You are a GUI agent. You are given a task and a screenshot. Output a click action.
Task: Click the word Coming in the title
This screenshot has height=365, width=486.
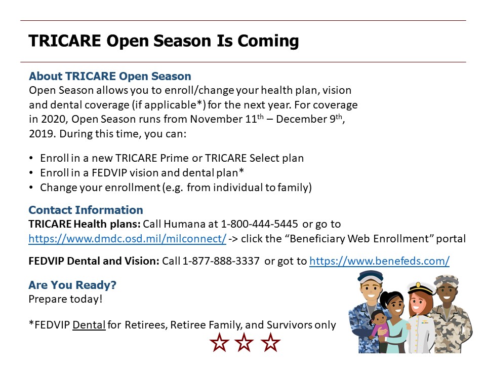(x=268, y=41)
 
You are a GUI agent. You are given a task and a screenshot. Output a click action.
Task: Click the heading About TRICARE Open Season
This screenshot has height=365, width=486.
(x=110, y=76)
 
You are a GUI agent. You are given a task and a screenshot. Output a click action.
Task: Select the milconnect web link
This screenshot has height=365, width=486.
(x=128, y=239)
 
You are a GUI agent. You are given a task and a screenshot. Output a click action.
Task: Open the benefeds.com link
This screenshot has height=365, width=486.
(x=379, y=261)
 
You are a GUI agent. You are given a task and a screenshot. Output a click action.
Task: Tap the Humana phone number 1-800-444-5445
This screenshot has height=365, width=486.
(x=259, y=224)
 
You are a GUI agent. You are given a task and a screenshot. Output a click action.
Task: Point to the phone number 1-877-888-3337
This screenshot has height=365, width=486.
(x=221, y=261)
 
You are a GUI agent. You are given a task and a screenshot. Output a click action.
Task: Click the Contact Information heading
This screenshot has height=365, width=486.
(x=86, y=210)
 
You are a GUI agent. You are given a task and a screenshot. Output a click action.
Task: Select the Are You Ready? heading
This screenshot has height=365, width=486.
(x=72, y=285)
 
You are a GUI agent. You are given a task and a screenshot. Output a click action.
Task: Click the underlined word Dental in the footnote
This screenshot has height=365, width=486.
(x=89, y=324)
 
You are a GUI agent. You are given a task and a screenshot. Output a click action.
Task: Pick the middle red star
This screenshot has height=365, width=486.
(x=244, y=342)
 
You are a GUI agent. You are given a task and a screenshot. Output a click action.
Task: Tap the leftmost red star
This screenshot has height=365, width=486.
(x=219, y=342)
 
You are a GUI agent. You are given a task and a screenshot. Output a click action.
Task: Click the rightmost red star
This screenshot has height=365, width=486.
(x=270, y=342)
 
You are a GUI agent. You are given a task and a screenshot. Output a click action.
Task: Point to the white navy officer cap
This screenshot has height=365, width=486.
(x=420, y=288)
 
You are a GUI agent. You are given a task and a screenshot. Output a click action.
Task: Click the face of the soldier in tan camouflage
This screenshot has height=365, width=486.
(x=447, y=293)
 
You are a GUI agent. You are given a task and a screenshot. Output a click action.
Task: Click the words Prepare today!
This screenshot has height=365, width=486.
(x=65, y=299)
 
